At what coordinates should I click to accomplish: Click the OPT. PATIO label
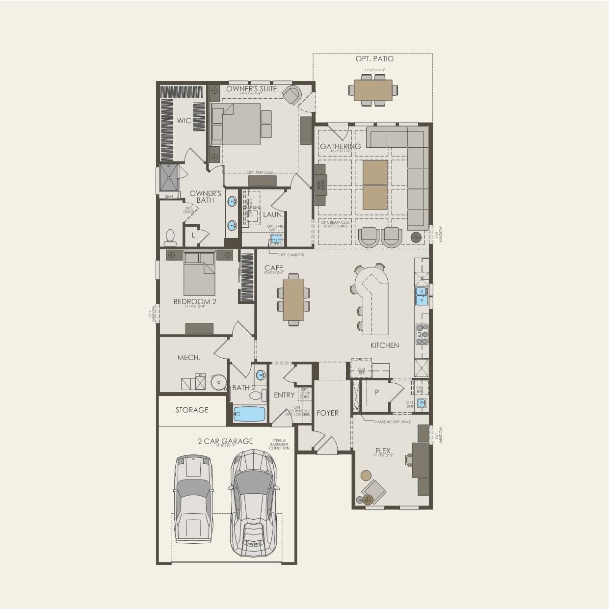coord(374,59)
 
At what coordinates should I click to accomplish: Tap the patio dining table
coord(373,90)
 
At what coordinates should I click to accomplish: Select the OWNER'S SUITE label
coord(251,89)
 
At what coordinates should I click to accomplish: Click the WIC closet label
coord(184,121)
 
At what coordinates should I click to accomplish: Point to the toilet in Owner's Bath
coord(170,238)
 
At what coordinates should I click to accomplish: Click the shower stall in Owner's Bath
coord(168,178)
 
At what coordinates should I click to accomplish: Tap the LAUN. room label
coord(273,214)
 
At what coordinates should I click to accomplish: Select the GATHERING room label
coord(340,146)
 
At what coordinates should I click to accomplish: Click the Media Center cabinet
coord(320,185)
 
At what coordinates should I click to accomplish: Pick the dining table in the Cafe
coord(293,299)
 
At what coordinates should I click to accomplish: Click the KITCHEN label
coord(384,345)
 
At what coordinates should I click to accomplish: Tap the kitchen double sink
coord(422,296)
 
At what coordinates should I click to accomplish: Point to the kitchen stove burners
coord(422,334)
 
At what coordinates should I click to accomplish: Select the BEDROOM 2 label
coord(194,302)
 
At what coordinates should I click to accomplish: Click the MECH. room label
coord(188,358)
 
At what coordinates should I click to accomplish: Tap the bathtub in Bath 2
coord(249,414)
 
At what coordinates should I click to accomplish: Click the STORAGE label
coord(192,410)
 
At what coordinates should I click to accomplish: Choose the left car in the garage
coord(193,498)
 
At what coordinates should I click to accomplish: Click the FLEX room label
coord(383,450)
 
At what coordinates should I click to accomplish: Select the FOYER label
coord(327,413)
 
